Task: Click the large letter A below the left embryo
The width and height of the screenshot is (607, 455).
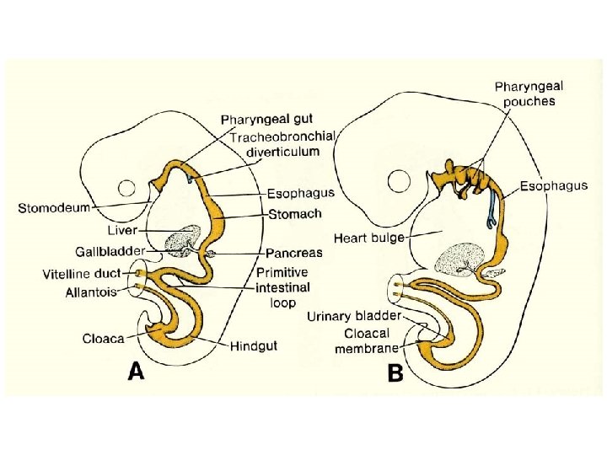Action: click(136, 371)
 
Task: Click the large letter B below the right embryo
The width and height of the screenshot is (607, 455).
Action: click(395, 373)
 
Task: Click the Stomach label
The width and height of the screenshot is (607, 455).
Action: click(294, 216)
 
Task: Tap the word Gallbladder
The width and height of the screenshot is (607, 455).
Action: click(110, 251)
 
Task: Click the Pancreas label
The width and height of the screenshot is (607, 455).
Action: click(293, 253)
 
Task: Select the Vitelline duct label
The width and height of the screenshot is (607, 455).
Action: click(81, 274)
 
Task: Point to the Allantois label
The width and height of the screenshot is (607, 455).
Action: click(91, 292)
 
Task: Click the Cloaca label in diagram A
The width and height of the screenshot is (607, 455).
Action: click(103, 339)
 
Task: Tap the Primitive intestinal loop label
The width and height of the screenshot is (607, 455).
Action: click(282, 286)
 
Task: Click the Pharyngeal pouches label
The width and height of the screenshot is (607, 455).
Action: click(529, 93)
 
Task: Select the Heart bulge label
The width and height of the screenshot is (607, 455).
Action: click(368, 238)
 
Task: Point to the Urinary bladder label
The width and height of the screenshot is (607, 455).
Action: click(353, 316)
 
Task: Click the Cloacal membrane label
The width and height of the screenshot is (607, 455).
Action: click(367, 340)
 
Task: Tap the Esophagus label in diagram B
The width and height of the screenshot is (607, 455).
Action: click(553, 186)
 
